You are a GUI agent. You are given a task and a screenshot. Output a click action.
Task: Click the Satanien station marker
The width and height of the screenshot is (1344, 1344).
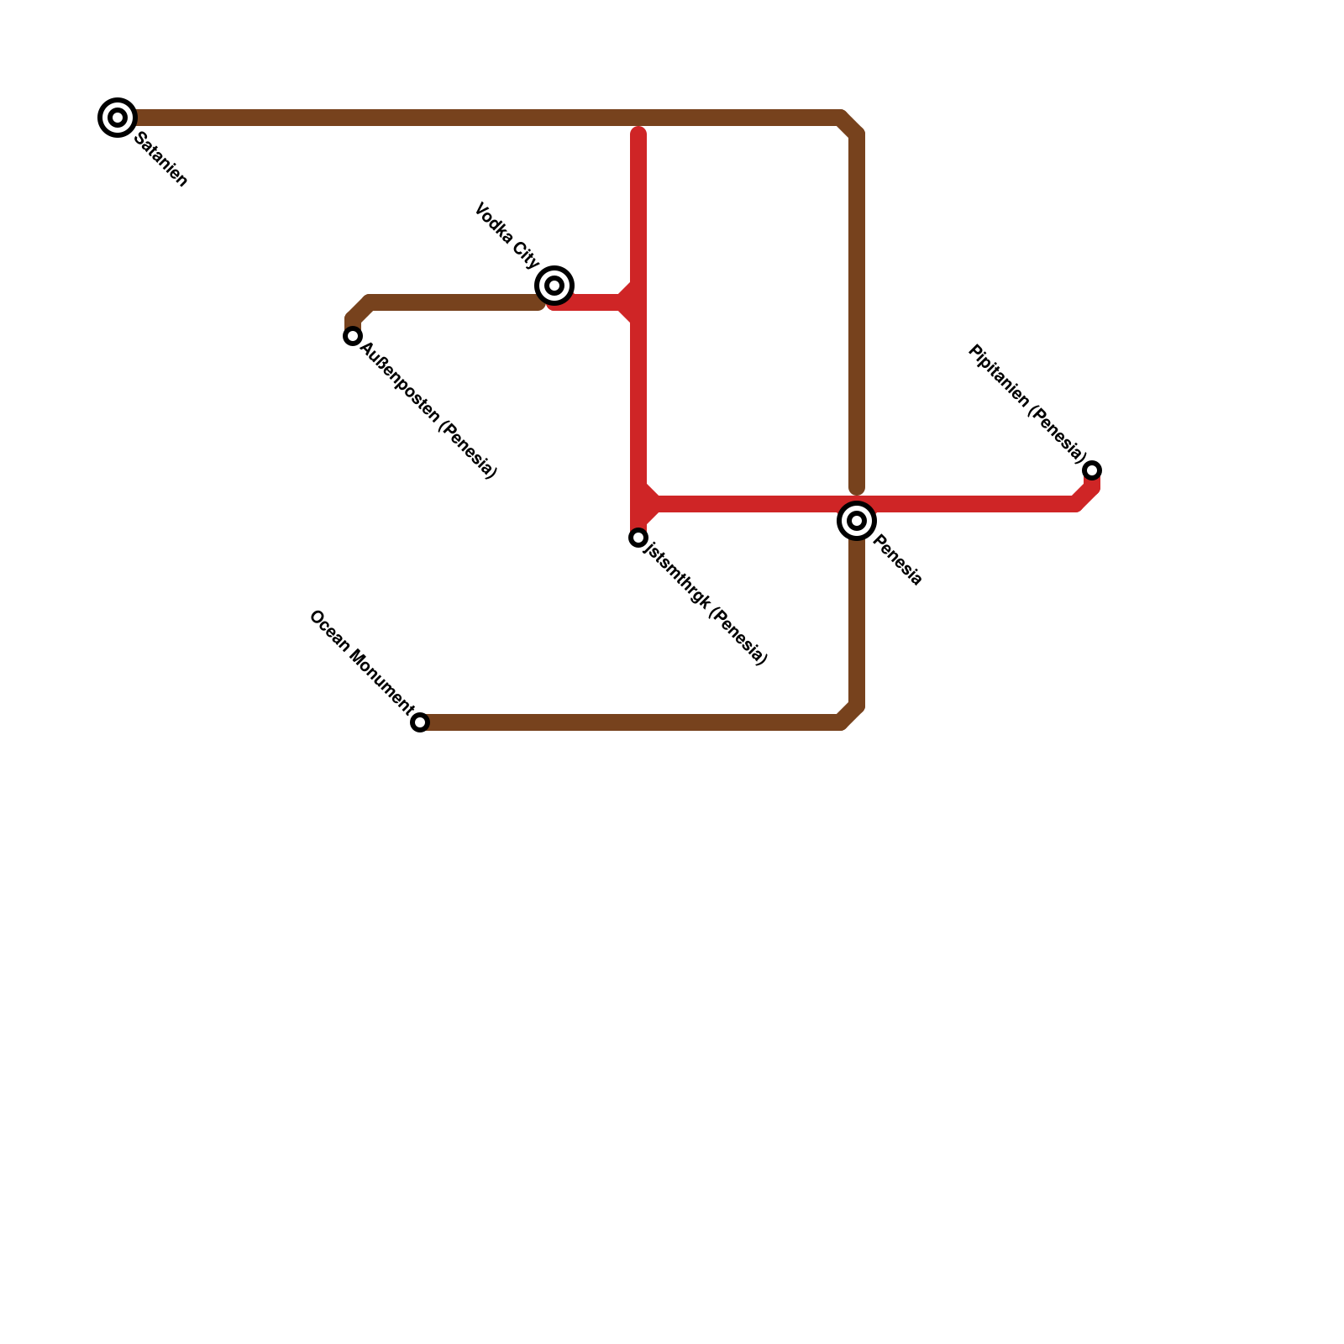pos(118,118)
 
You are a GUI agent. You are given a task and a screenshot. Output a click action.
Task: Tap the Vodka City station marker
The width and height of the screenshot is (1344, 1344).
pos(554,286)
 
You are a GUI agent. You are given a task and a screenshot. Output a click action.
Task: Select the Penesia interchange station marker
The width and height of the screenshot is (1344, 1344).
pos(857,521)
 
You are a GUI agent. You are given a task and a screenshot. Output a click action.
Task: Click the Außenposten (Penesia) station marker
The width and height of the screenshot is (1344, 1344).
pos(353,336)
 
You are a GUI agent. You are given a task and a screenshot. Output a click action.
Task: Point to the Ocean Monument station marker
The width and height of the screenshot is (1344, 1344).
pos(420,722)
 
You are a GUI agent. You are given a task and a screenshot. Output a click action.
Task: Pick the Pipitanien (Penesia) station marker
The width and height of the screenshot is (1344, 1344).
pos(1092,470)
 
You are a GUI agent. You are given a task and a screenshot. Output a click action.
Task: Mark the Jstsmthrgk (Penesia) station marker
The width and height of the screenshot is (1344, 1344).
pos(638,538)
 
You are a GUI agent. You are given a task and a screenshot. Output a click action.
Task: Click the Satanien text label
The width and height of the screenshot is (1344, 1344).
pos(160,160)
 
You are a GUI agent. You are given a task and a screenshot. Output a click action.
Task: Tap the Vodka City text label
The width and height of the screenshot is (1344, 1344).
pos(507,235)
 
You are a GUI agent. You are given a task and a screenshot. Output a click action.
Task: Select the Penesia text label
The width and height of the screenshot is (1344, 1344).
pos(898,560)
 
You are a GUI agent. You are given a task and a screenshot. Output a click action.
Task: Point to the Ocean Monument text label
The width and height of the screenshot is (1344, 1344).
pos(362,663)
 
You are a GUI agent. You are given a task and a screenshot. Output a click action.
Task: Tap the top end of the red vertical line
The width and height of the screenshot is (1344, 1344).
pos(638,133)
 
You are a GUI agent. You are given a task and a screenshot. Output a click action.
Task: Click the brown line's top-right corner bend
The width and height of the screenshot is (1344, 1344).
pos(850,123)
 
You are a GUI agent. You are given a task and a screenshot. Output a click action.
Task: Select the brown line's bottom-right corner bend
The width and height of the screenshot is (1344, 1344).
pos(850,717)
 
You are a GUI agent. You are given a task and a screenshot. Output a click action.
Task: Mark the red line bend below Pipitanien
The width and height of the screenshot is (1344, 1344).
pos(1084,498)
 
